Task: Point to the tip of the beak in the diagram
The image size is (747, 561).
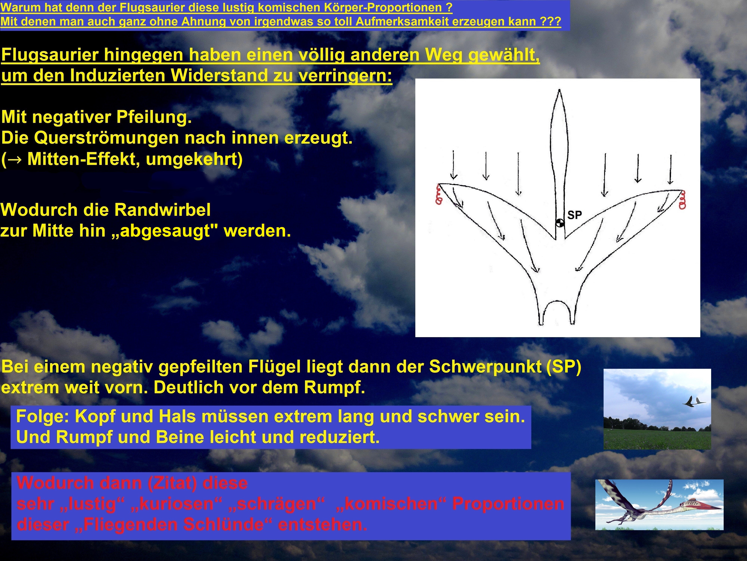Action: point(559,90)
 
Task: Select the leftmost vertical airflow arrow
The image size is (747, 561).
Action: point(454,165)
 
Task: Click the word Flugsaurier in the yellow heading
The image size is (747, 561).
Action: point(50,55)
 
